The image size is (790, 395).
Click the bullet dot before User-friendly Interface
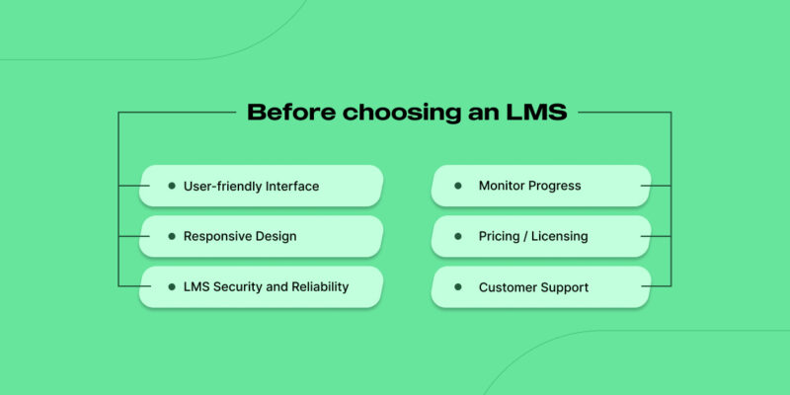[172, 186]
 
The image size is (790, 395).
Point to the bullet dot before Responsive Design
[172, 236]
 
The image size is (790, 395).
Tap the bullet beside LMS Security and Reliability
[172, 286]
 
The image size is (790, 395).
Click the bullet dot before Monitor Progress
[458, 186]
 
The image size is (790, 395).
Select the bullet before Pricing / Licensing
[458, 236]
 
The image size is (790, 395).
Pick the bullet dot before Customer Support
[458, 287]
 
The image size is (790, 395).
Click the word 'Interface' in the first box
[292, 186]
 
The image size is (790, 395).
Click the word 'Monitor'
[504, 186]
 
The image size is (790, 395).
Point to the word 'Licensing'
[558, 236]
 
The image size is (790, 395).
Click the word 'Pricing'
[501, 236]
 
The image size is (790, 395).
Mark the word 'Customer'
[508, 287]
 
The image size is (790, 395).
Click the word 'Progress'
[557, 186]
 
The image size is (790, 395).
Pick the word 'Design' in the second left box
[276, 236]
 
